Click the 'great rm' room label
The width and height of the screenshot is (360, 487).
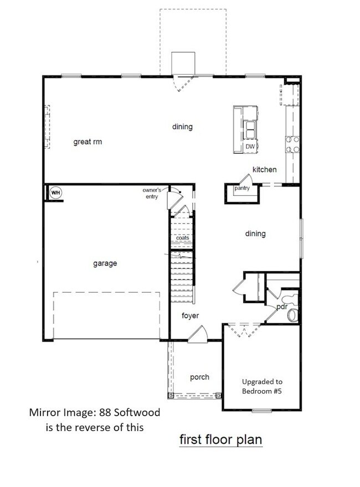pos(88,142)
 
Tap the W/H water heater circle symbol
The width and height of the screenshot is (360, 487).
pos(55,193)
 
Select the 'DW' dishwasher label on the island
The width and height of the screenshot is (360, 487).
pos(250,147)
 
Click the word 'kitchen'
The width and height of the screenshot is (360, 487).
pos(264,169)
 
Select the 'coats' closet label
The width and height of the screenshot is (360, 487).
pos(182,238)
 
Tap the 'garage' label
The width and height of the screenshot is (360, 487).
pos(105,263)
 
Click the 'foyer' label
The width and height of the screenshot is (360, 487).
pos(191,316)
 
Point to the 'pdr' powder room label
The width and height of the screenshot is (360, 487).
pos(281,307)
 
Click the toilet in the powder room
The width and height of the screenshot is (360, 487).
pos(292,315)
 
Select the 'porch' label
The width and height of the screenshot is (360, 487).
pos(199,377)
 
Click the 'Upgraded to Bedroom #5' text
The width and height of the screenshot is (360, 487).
pos(262,386)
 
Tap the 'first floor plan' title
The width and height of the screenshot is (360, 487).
pos(220,440)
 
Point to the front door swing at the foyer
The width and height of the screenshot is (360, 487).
pos(198,333)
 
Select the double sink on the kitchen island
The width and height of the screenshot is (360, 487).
pos(250,130)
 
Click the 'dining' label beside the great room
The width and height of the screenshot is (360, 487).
pos(182,127)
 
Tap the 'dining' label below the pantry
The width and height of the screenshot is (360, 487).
pos(255,234)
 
